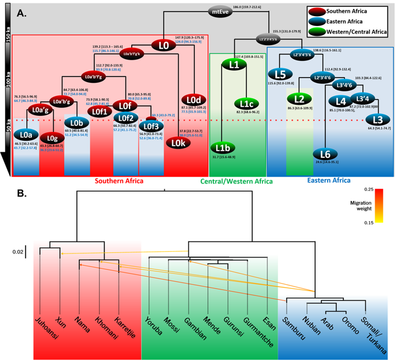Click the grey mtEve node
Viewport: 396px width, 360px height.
click(219, 10)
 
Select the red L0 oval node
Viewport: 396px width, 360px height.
click(164, 44)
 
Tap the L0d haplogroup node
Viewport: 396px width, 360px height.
click(193, 100)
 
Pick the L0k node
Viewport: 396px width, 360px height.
click(179, 142)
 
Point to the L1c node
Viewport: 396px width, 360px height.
click(246, 104)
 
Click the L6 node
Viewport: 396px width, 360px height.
click(325, 154)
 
